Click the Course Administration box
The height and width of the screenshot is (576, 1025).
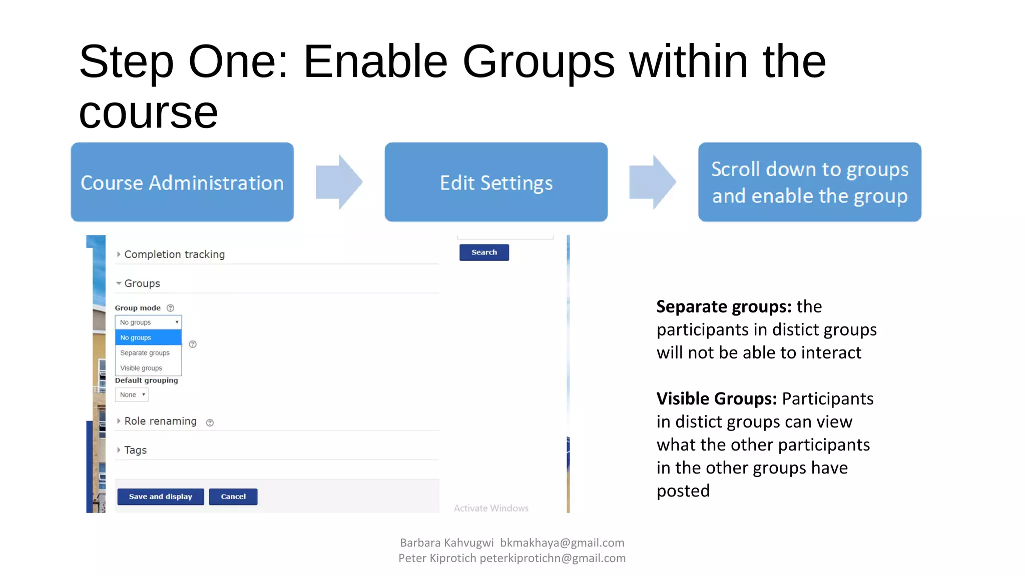182,182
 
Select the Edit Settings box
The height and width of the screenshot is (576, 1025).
495,182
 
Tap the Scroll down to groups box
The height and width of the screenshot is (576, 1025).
809,182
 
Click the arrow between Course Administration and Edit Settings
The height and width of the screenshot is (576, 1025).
339,182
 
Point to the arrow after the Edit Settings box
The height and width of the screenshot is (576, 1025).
652,182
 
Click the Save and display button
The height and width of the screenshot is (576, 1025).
160,496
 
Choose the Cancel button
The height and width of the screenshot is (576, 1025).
233,496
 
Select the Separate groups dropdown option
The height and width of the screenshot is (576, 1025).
145,353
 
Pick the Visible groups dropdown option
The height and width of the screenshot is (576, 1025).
141,368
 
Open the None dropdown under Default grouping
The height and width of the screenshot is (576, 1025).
132,394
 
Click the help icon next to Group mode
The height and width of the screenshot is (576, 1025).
170,308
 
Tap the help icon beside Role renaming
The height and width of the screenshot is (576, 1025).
210,422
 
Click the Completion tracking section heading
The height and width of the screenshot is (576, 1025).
174,254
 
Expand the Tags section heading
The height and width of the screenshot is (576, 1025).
135,450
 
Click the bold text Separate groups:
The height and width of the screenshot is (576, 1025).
724,306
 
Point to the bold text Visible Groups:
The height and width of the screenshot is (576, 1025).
716,398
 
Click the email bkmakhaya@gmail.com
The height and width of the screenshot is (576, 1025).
562,542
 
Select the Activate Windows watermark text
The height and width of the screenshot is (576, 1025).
491,508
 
